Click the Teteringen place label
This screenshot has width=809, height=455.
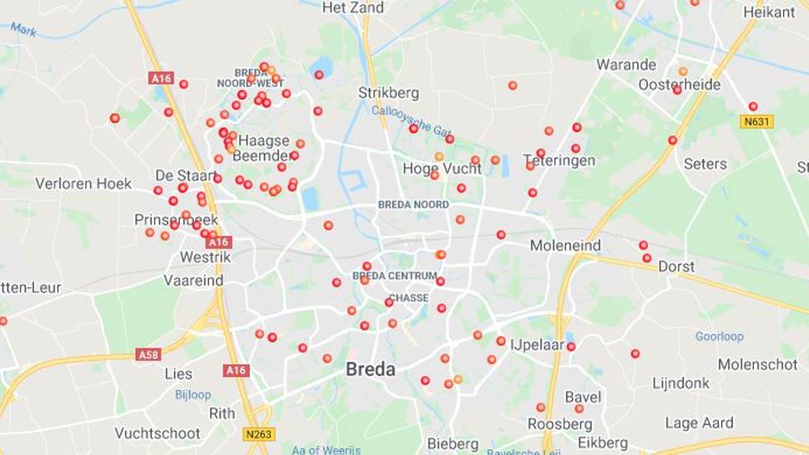coord(560,161)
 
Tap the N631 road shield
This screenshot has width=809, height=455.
coord(757,121)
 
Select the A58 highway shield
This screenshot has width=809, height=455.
coord(148,354)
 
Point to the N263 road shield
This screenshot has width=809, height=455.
coord(259,434)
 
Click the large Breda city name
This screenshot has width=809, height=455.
coord(370,370)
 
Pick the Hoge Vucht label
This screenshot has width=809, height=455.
coord(442,169)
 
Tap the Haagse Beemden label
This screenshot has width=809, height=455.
coord(264,148)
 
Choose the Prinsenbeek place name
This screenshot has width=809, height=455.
coord(176,220)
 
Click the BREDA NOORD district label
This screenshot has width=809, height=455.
coord(413,205)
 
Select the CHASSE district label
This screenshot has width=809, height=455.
coord(408,298)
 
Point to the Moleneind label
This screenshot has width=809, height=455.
coord(565,245)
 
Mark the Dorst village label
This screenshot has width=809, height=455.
coord(676,267)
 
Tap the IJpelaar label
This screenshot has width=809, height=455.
coord(537,345)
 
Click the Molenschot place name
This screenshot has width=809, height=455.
coord(758,365)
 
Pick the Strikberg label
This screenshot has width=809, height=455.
coord(389,93)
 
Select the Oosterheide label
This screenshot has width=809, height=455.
coord(679,85)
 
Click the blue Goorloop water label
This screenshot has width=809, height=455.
coord(719,336)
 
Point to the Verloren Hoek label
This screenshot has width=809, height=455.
coord(83,184)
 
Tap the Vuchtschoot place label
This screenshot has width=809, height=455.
coord(157,434)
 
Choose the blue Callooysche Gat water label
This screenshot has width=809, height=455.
coord(411,121)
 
